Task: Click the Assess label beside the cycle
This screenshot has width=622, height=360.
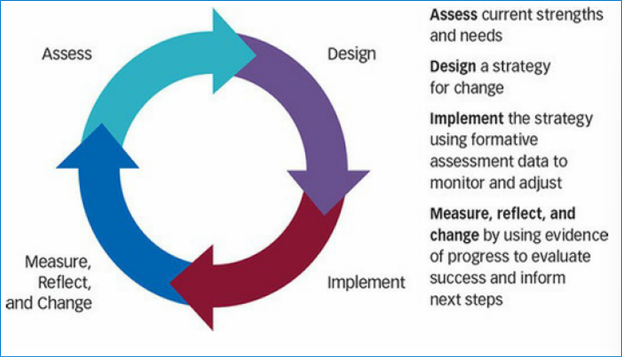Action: (67, 54)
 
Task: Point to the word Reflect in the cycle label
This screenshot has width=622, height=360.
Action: (64, 283)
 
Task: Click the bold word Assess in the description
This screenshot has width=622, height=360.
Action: (454, 15)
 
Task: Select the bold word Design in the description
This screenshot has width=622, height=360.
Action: (453, 67)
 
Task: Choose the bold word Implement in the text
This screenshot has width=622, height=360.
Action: (466, 119)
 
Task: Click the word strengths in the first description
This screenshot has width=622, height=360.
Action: (570, 15)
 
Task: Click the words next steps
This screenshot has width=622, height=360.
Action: (466, 300)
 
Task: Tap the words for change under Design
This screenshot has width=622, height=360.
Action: (467, 88)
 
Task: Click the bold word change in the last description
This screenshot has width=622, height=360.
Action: (454, 236)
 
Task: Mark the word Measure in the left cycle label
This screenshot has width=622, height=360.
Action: (58, 262)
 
